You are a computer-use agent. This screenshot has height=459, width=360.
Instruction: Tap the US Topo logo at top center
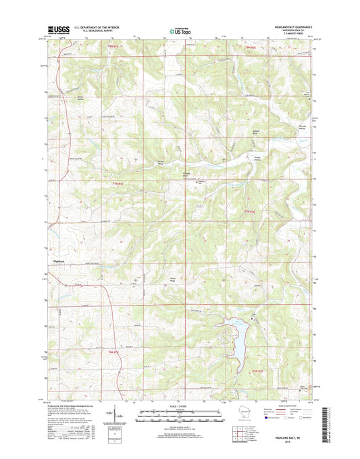coord(179,30)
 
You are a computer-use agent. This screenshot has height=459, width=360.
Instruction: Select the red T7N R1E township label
coord(119,185)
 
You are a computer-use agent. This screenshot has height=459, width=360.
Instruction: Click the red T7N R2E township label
coord(249,212)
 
